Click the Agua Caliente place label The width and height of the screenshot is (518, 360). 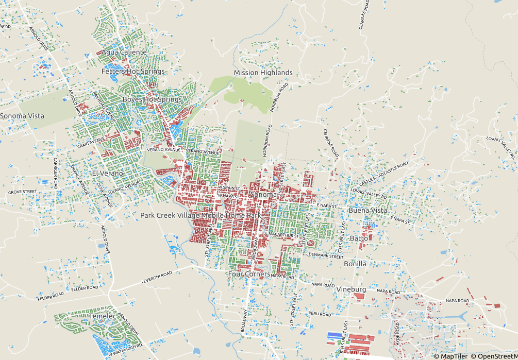coord(124,53)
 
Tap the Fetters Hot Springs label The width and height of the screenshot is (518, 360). coord(133,72)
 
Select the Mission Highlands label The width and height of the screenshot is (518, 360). coord(263,73)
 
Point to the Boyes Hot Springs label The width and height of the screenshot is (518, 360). coord(152,99)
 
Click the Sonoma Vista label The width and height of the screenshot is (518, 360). coord(22,116)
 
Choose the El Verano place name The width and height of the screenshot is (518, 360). coord(108,174)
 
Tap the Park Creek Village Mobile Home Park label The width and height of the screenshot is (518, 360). coord(200,215)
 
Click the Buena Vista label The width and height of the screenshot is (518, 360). coord(367,211)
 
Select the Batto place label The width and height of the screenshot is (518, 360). coord(359,238)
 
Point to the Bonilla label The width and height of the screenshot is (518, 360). coord(355,264)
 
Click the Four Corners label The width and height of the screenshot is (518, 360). coord(248,275)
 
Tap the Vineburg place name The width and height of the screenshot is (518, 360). coord(351,289)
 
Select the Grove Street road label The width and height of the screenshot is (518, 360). coord(22,192)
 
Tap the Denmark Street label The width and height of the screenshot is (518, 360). coord(325,255)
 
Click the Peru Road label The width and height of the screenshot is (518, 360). coord(320,314)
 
